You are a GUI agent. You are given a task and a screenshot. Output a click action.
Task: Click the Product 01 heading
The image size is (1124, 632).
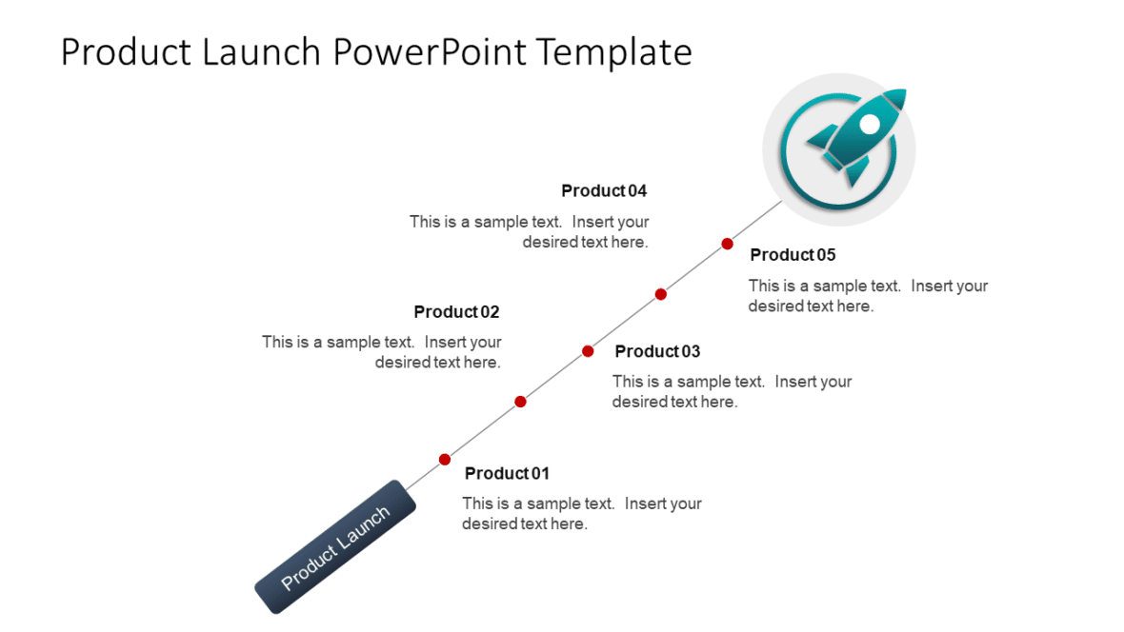tap(507, 473)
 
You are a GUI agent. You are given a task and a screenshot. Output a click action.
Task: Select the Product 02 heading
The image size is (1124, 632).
tap(456, 312)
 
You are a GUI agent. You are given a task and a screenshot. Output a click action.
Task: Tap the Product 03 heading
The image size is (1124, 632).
tap(657, 351)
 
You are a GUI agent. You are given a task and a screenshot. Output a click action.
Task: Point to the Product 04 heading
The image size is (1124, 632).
tap(604, 191)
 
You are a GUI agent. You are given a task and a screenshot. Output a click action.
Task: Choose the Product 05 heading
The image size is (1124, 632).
tap(793, 255)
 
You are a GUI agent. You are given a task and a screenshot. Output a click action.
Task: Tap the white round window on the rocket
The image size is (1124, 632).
tap(869, 124)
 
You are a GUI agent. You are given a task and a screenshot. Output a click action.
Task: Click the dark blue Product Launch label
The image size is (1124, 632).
tap(335, 546)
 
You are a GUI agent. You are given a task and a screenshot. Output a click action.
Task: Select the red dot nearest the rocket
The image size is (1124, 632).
tap(727, 244)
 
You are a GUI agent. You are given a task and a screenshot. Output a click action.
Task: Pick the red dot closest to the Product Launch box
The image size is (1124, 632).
tap(444, 460)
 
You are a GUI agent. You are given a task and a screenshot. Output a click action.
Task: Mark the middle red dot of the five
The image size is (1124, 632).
tap(588, 351)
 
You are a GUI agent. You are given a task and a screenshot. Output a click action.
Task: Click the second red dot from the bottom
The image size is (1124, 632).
tap(520, 402)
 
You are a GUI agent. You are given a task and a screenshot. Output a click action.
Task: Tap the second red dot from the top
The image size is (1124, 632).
tap(660, 294)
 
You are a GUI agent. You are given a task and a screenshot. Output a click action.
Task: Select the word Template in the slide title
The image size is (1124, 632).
tap(613, 51)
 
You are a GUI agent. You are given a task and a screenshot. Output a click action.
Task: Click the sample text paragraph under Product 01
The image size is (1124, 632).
tap(581, 514)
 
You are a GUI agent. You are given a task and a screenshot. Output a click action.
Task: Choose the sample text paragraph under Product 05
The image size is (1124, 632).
tap(868, 296)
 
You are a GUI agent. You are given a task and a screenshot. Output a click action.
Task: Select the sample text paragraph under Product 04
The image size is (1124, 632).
tap(530, 231)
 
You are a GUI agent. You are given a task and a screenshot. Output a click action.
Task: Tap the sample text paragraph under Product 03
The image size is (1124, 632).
tap(732, 391)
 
